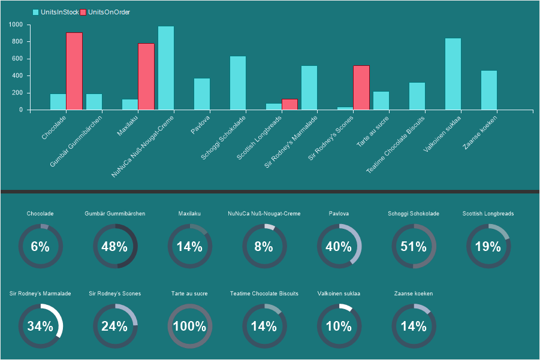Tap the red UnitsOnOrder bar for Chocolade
[74, 71]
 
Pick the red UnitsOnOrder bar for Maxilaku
[146, 76]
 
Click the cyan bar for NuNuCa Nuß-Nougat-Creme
[166, 68]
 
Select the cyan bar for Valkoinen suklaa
[453, 74]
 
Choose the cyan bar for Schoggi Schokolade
[238, 83]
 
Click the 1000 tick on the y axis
[16, 25]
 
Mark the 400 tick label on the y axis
[17, 75]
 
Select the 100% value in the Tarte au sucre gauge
[189, 326]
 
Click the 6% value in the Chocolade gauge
[40, 246]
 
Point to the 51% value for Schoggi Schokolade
[414, 246]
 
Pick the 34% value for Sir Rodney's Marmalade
[40, 326]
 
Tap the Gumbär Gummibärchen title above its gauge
[114, 213]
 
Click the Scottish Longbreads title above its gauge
[488, 213]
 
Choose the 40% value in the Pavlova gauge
[339, 246]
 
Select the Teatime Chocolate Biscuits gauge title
[264, 294]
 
